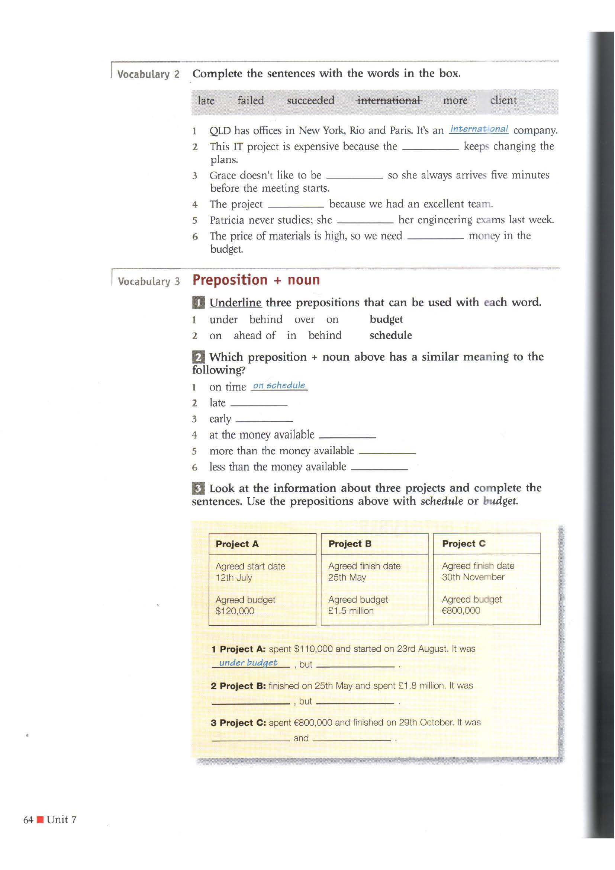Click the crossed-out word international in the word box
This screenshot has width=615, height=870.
389,100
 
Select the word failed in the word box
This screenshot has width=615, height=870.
250,100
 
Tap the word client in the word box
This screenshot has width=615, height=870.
503,100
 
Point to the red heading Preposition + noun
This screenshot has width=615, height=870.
256,280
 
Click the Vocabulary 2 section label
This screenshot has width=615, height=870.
148,74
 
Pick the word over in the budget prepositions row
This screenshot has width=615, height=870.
304,320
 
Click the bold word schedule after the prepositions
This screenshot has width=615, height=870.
391,336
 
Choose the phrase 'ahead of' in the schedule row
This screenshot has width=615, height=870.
254,336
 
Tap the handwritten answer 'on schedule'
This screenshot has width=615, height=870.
279,385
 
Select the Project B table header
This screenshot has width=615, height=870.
350,544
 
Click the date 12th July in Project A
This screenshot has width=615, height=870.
234,578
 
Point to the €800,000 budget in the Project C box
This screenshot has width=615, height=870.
461,610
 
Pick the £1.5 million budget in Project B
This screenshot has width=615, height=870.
351,611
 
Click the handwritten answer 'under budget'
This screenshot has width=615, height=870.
248,662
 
